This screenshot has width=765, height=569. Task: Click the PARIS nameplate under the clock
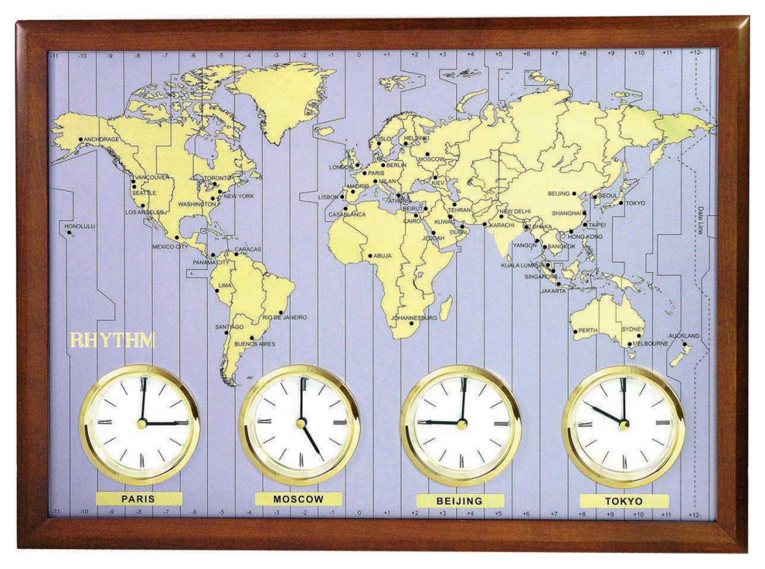138,499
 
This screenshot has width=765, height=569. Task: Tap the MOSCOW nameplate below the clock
298,499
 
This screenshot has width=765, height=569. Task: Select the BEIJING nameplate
460,500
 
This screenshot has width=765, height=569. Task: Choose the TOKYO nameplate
623,501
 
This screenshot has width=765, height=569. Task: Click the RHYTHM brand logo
113,340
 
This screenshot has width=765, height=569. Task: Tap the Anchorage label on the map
100,139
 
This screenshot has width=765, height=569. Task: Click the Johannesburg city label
414,318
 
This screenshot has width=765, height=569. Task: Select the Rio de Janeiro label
284,317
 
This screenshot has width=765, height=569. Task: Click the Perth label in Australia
588,330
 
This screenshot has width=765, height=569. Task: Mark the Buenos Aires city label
254,343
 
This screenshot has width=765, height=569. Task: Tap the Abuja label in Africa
382,256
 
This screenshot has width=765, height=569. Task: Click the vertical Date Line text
700,221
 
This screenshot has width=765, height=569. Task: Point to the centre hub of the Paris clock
142,423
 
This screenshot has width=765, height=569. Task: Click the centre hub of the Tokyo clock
624,424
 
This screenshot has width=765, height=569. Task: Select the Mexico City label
169,247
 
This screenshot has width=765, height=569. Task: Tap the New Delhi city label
515,211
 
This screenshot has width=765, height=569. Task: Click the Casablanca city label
347,214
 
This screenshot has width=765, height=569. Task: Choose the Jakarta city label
552,291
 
